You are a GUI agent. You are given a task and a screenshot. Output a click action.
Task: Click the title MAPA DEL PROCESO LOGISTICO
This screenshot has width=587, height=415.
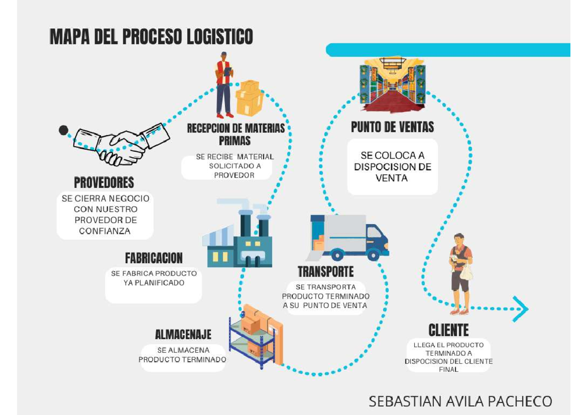151,37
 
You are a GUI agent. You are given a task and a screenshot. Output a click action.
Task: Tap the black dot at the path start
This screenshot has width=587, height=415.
63,130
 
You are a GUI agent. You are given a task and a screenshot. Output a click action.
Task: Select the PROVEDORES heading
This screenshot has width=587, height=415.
104,183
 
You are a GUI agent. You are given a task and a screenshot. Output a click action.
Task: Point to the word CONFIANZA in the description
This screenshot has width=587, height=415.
105,231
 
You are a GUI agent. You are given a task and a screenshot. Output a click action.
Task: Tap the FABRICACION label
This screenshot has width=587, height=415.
154,258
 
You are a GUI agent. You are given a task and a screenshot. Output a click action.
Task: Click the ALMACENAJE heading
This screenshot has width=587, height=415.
183,335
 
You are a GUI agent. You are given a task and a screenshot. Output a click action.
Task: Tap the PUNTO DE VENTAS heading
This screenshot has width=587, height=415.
392,127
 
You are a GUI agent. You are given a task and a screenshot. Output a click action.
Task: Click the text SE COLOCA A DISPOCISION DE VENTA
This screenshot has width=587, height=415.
392,167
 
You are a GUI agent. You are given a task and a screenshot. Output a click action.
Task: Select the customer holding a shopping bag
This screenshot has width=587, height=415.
461,273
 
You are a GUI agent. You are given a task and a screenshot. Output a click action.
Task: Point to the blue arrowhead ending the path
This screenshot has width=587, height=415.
520,309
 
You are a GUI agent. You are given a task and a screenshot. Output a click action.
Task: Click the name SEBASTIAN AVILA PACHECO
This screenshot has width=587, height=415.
460,401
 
